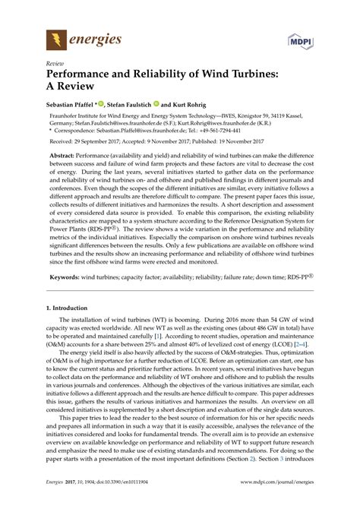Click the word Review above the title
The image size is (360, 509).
click(x=55, y=65)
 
